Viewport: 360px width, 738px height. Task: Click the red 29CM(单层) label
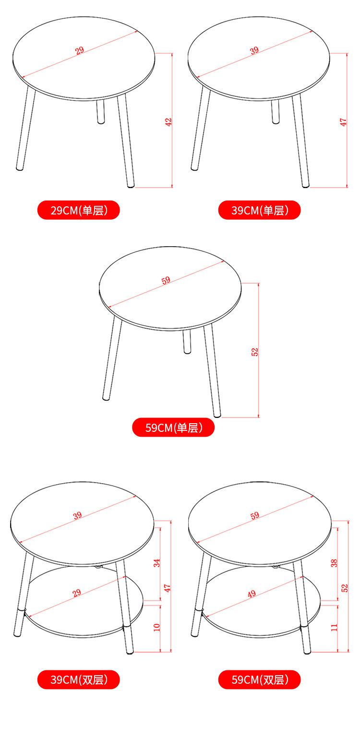79,210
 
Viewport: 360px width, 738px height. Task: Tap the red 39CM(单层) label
259,210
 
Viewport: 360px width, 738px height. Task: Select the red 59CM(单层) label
173,427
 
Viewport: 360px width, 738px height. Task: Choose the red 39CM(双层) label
79,679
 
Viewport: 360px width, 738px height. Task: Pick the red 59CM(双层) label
259,679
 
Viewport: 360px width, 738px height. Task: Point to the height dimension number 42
168,122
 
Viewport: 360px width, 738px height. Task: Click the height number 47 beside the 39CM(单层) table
343,122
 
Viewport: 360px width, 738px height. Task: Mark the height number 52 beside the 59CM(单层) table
255,352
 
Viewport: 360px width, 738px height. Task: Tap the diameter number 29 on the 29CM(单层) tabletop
79,50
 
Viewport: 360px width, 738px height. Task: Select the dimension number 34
157,563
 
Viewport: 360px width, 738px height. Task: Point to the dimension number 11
335,627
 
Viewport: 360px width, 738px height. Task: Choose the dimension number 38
335,562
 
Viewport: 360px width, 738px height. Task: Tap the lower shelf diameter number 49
252,594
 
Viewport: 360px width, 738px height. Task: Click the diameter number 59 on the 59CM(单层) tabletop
166,281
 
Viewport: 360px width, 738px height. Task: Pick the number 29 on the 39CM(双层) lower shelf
76,594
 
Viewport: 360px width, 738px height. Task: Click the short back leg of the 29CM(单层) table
101,112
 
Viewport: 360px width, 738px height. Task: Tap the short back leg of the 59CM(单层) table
187,342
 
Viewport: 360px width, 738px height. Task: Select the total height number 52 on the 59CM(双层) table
345,587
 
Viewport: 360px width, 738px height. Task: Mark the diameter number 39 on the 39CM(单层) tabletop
254,50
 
